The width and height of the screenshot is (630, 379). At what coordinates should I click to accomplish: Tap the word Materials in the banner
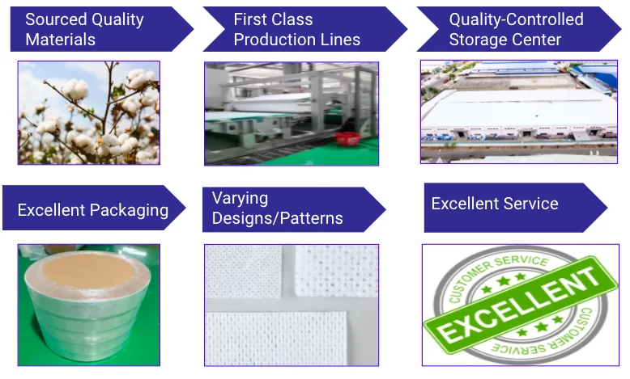pos(60,40)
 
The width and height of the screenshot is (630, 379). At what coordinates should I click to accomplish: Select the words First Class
pos(273,19)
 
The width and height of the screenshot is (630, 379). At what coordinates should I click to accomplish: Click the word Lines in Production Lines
pos(343,40)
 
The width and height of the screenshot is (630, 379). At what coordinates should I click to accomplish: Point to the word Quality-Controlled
pos(517,19)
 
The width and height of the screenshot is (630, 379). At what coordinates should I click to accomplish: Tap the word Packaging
pos(130,210)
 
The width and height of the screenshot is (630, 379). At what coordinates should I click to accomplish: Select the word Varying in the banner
pos(240,198)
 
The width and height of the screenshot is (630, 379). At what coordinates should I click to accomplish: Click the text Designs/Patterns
pos(277,218)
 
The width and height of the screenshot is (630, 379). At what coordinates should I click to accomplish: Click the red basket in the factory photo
pos(347,138)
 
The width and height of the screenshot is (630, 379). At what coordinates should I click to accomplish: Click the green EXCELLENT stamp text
pos(520,306)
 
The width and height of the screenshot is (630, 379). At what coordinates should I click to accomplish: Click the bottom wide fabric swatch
pos(276,338)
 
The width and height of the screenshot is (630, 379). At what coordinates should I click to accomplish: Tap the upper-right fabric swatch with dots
pos(337,271)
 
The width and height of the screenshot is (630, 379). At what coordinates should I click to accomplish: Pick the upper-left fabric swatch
pos(244,272)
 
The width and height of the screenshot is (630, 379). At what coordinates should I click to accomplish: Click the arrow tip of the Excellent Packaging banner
pos(185,208)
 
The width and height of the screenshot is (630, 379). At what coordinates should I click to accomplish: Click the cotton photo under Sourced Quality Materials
pos(89,112)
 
